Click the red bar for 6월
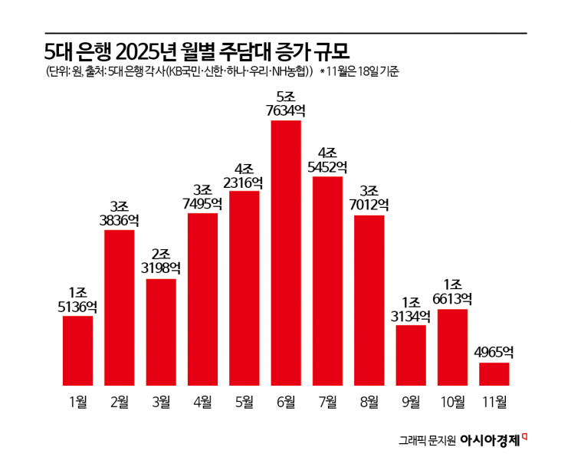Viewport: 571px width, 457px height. [x=286, y=253]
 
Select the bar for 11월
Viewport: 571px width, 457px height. [x=494, y=373]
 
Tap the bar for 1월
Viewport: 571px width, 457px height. [x=77, y=350]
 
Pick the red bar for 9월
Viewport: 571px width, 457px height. [x=411, y=355]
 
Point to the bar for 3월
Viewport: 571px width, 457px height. [x=161, y=331]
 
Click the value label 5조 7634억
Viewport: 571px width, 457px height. [x=286, y=104]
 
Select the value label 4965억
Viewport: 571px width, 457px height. [x=494, y=353]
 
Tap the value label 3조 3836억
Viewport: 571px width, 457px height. [x=119, y=213]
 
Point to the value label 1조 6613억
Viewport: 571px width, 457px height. [x=452, y=292]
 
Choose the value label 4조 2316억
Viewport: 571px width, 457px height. [x=244, y=175]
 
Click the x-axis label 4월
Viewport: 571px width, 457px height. [x=202, y=400]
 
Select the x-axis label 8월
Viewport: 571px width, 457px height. [x=369, y=400]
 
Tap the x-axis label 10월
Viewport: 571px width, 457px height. [x=452, y=400]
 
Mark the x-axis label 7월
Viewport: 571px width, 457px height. [x=327, y=400]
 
